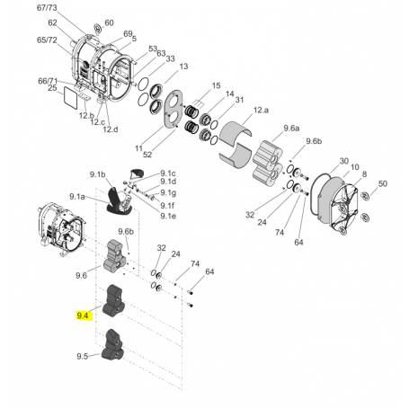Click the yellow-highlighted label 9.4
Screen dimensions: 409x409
pos(84,316)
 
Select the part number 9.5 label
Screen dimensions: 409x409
pos(83,356)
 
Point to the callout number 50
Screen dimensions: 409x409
pos(382,184)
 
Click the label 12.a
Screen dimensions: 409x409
pos(261,110)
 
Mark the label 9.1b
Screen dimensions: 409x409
pos(97,173)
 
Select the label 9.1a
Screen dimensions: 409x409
pos(77,196)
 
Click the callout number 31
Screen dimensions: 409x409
pos(241,99)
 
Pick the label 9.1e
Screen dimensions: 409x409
pos(169,216)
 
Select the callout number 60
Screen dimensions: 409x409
pos(109,23)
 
